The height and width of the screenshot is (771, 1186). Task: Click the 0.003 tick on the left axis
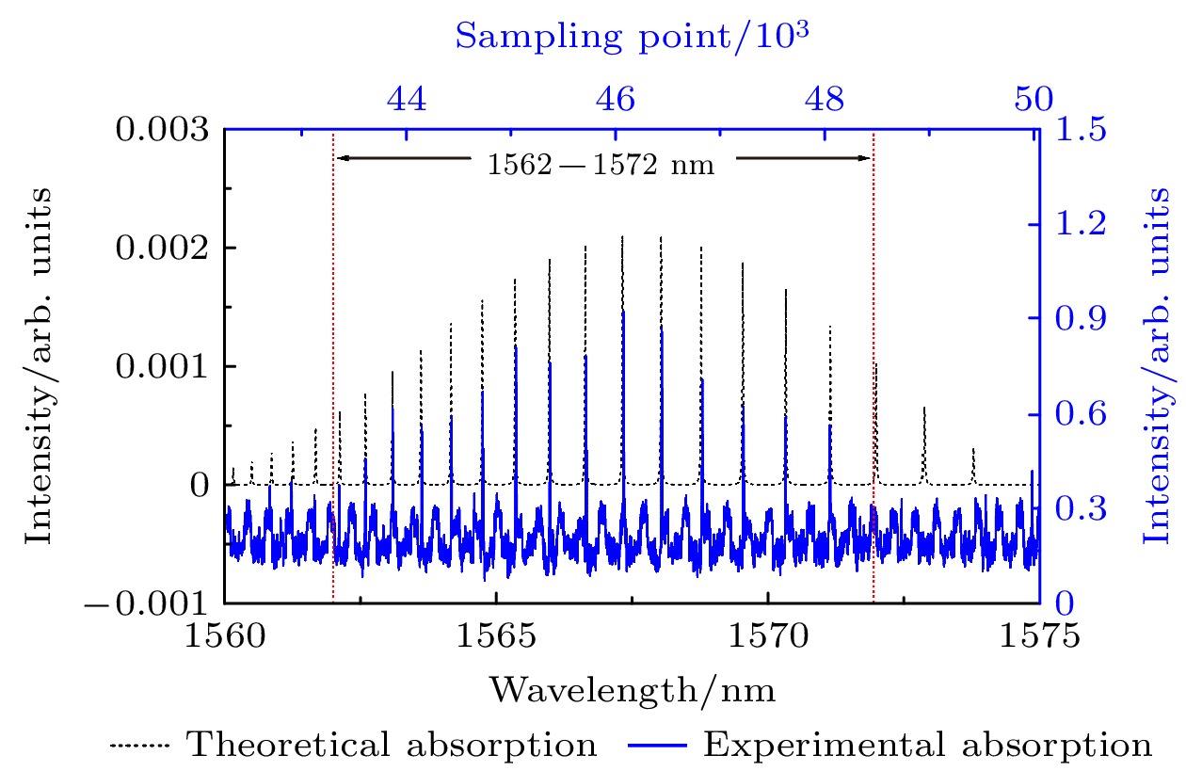pyautogui.click(x=162, y=128)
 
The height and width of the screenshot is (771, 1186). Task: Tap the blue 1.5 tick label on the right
pyautogui.click(x=1079, y=128)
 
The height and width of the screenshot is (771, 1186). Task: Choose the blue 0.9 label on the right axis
pyautogui.click(x=1079, y=318)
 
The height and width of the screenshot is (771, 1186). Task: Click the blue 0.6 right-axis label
pyautogui.click(x=1079, y=413)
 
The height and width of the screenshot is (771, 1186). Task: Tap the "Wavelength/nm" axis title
pyautogui.click(x=632, y=692)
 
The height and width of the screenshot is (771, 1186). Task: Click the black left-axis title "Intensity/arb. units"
pyautogui.click(x=40, y=364)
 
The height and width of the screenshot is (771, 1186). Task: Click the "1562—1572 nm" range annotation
pyautogui.click(x=601, y=167)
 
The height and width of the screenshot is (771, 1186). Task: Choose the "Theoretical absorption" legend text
pyautogui.click(x=393, y=746)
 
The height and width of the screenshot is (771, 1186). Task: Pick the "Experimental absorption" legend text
pyautogui.click(x=927, y=746)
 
